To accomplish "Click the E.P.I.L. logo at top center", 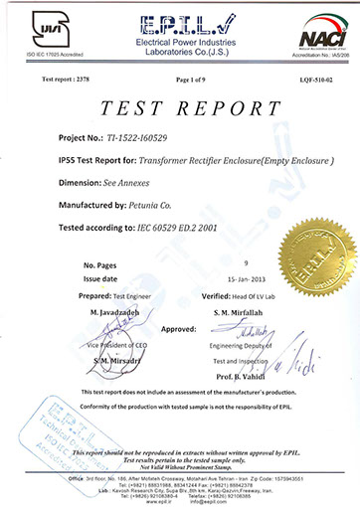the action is click(179, 22).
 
